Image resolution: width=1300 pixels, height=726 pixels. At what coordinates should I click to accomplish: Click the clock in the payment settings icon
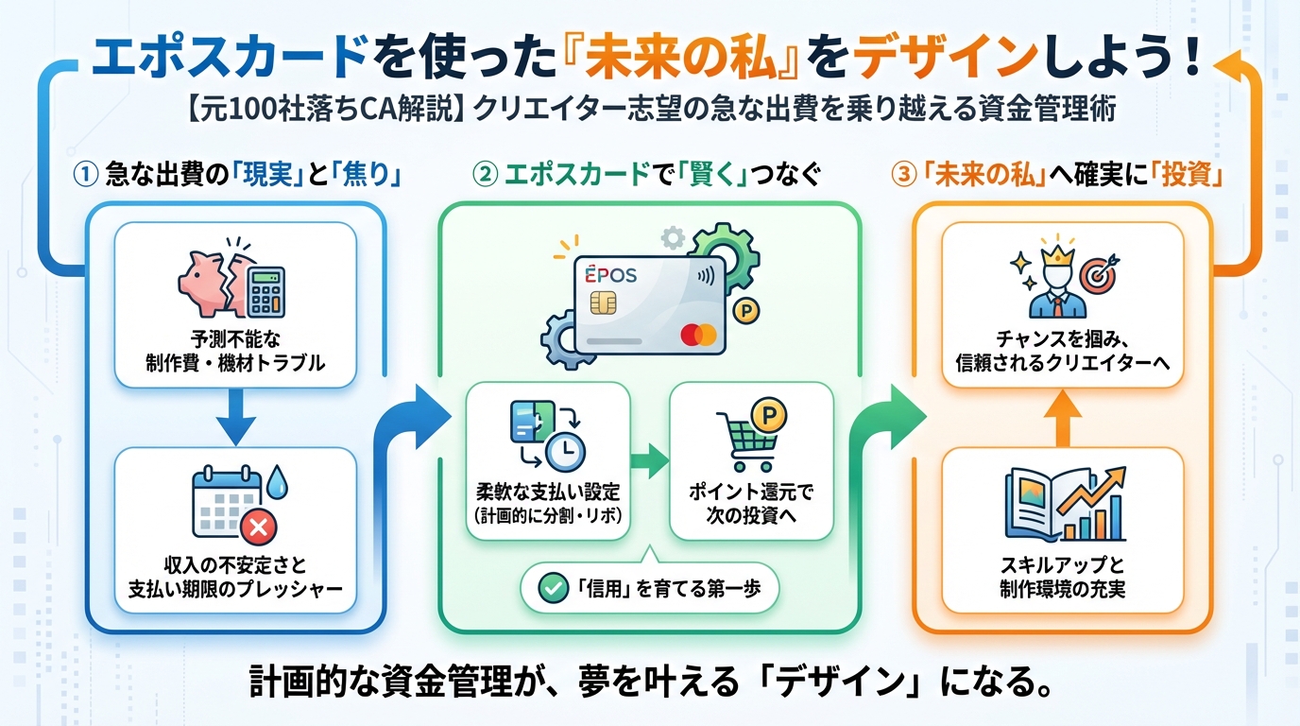565,453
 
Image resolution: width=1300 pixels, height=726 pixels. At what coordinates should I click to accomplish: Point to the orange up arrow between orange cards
1062,416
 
